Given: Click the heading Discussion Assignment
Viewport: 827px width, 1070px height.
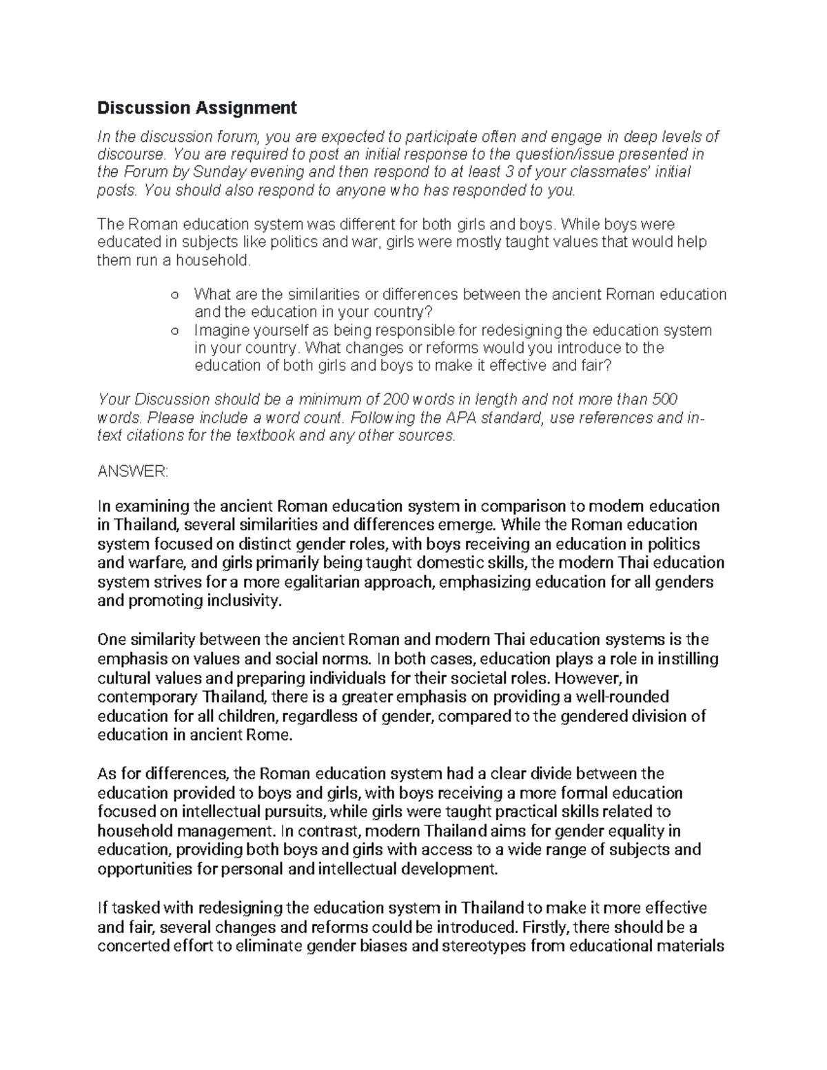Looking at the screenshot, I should (x=197, y=107).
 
